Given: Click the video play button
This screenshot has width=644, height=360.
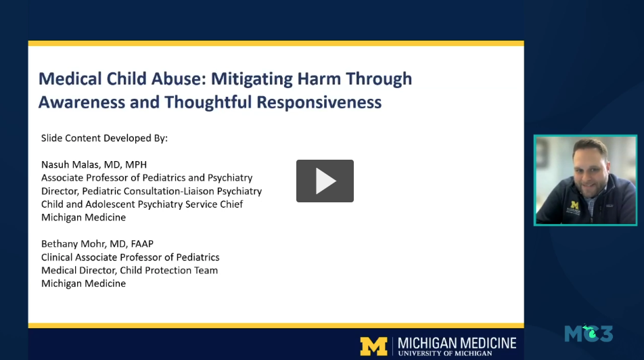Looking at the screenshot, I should [x=325, y=181].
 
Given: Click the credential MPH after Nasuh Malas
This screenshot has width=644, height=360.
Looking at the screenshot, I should [x=135, y=164].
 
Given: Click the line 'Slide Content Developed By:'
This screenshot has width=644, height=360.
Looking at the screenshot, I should [x=104, y=138].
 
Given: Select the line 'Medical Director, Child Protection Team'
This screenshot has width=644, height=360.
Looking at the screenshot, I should [x=129, y=270].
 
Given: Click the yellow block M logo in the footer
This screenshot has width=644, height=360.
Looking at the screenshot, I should [x=373, y=346].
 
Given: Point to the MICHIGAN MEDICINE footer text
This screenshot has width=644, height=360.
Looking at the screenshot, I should [x=457, y=342].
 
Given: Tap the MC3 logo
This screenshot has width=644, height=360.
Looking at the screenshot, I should [x=589, y=333].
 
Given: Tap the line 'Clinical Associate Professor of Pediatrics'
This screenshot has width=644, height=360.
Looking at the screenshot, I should [x=130, y=257].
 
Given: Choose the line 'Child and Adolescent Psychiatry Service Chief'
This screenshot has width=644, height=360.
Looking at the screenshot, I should [x=142, y=204].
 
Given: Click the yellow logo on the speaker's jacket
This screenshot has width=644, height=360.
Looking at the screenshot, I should [x=575, y=204].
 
